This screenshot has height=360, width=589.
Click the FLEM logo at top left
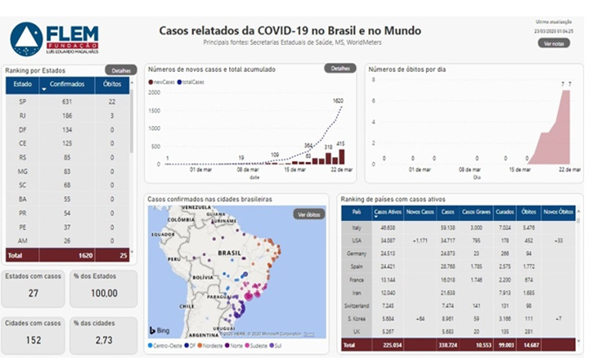pyautogui.click(x=54, y=37)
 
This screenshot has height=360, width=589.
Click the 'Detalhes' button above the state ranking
pyautogui.click(x=121, y=70)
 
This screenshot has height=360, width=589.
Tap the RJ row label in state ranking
pyautogui.click(x=22, y=115)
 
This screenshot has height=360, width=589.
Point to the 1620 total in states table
pyautogui.click(x=85, y=255)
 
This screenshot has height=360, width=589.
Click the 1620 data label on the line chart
pyautogui.click(x=338, y=101)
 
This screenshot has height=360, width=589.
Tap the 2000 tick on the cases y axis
pyautogui.click(x=155, y=92)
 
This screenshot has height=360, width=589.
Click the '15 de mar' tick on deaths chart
pyautogui.click(x=520, y=169)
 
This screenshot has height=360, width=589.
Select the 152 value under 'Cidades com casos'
pyautogui.click(x=34, y=339)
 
